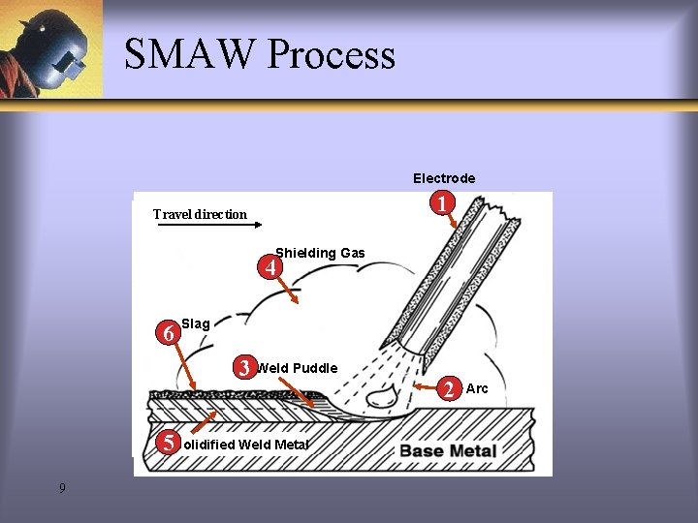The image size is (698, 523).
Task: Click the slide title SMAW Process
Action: [260, 54]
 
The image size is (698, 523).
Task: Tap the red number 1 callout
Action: [442, 204]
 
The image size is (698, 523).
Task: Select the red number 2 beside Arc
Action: [449, 389]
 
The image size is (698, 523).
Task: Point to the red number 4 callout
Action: [273, 265]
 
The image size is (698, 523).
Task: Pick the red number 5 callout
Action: [169, 444]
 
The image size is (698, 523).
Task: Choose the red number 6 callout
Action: [169, 332]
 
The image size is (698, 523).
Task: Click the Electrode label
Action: [444, 178]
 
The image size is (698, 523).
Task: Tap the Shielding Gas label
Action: [320, 253]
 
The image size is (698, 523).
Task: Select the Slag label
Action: [195, 323]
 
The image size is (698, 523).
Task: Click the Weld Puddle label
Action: [297, 368]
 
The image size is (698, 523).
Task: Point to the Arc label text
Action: [477, 388]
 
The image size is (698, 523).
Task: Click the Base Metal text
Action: [448, 450]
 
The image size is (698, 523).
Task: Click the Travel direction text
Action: [200, 214]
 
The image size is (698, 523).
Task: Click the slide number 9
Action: [62, 488]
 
